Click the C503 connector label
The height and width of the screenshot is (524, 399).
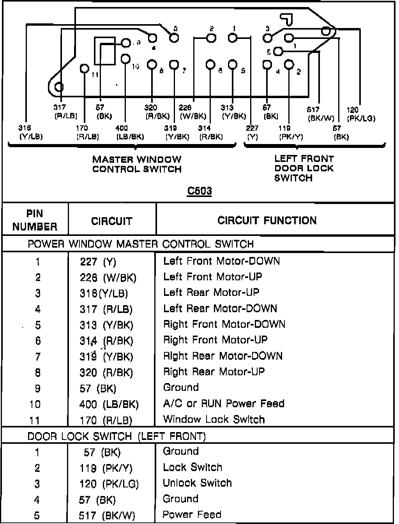click(x=199, y=191)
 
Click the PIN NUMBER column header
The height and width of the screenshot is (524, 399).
click(x=35, y=220)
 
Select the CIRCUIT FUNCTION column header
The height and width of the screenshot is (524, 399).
click(x=267, y=220)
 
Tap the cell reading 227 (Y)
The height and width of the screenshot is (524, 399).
click(x=98, y=262)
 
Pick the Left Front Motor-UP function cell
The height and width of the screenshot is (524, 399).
click(x=212, y=277)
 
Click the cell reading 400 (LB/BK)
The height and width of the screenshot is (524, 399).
click(x=109, y=404)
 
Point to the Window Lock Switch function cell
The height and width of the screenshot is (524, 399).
click(x=214, y=419)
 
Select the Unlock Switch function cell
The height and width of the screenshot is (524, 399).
click(x=197, y=483)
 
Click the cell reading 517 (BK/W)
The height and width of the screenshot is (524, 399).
click(x=107, y=516)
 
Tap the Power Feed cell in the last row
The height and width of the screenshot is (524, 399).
click(x=192, y=515)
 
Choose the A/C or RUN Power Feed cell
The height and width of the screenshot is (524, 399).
click(x=224, y=403)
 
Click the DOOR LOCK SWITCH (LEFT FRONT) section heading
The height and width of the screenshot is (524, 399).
click(x=117, y=436)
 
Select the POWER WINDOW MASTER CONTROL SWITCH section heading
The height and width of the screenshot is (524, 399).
click(x=141, y=244)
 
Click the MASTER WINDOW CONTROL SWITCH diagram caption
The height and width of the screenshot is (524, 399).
click(x=137, y=164)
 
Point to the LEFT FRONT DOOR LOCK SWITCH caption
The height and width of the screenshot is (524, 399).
click(x=304, y=168)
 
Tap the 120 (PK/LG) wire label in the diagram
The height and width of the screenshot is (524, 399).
click(x=361, y=114)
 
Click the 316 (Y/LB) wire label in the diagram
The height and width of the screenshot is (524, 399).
click(x=30, y=132)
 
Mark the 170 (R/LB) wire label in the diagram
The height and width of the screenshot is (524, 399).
click(x=88, y=132)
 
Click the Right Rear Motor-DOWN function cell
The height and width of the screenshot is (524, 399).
click(x=223, y=356)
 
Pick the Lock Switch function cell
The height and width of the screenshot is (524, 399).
click(x=192, y=467)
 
